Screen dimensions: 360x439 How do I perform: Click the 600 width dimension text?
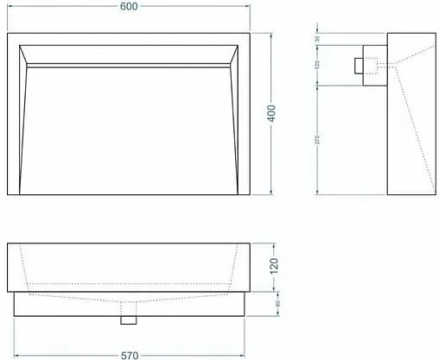130,7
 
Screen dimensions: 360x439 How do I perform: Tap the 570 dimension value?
130,354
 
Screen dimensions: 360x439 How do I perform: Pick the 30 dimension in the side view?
317,40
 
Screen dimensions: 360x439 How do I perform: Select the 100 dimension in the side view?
317,66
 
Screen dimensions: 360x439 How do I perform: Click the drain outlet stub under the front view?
130,319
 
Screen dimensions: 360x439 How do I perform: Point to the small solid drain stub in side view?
358,65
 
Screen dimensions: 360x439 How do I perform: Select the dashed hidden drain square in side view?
372,65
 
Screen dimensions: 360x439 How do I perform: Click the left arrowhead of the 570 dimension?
18,354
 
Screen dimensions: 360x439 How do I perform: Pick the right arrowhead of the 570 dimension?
242,354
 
